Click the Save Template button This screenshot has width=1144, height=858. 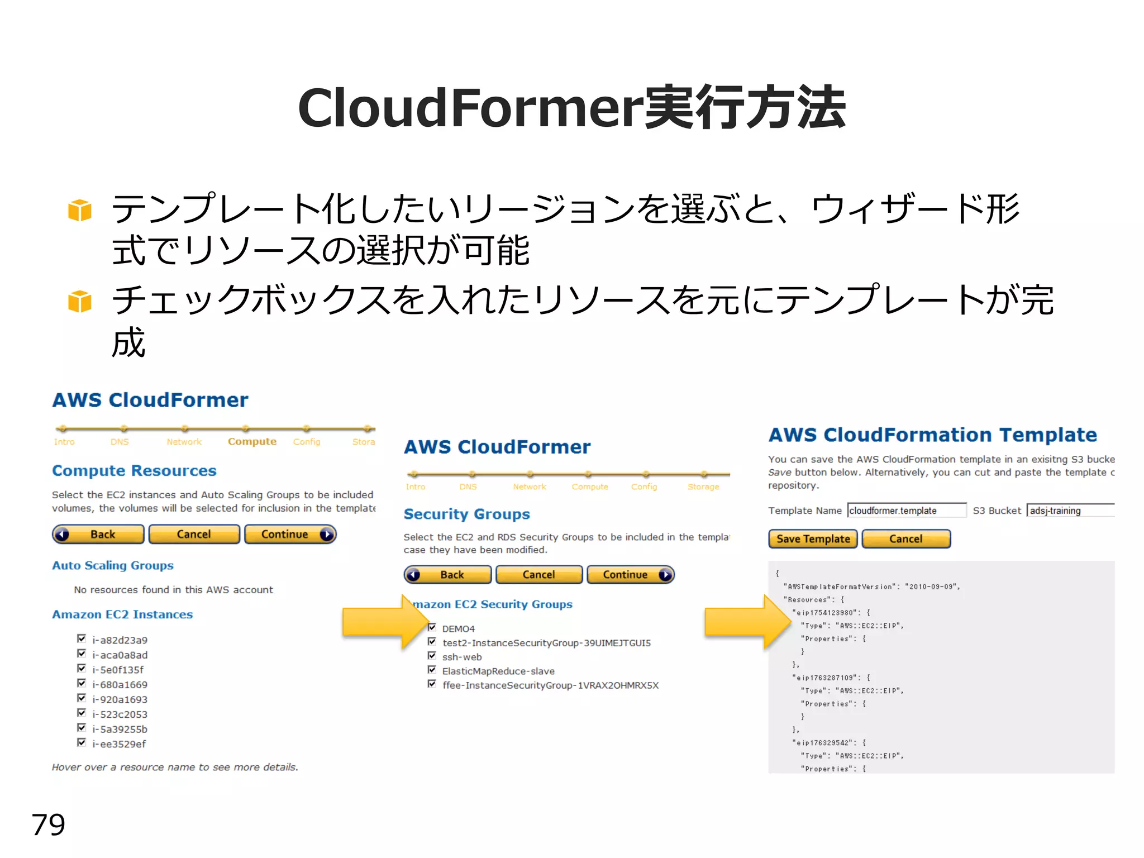coord(812,539)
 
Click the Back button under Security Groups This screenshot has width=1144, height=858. coord(447,575)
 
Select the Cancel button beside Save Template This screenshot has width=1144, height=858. coord(905,539)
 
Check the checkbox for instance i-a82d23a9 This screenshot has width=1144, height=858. coord(82,638)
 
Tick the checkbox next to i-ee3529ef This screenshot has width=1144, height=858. coord(82,742)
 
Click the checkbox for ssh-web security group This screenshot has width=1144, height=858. coord(432,656)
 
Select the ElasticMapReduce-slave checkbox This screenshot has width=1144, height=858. coord(432,670)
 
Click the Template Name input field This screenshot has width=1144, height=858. coord(906,511)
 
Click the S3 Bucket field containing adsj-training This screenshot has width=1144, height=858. coord(1070,511)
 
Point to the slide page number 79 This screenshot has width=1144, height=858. coord(49,824)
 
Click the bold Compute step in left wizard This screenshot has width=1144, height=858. coord(252,442)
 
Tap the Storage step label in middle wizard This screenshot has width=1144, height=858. coord(703,487)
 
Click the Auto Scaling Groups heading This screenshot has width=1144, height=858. coord(113,566)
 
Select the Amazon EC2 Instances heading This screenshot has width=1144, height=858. coord(122,614)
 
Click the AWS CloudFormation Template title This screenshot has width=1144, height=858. coord(932,435)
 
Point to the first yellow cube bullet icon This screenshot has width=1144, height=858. coord(79,211)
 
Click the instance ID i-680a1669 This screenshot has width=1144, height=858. coord(120,685)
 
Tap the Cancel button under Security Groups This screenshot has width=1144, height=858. coord(538,575)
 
